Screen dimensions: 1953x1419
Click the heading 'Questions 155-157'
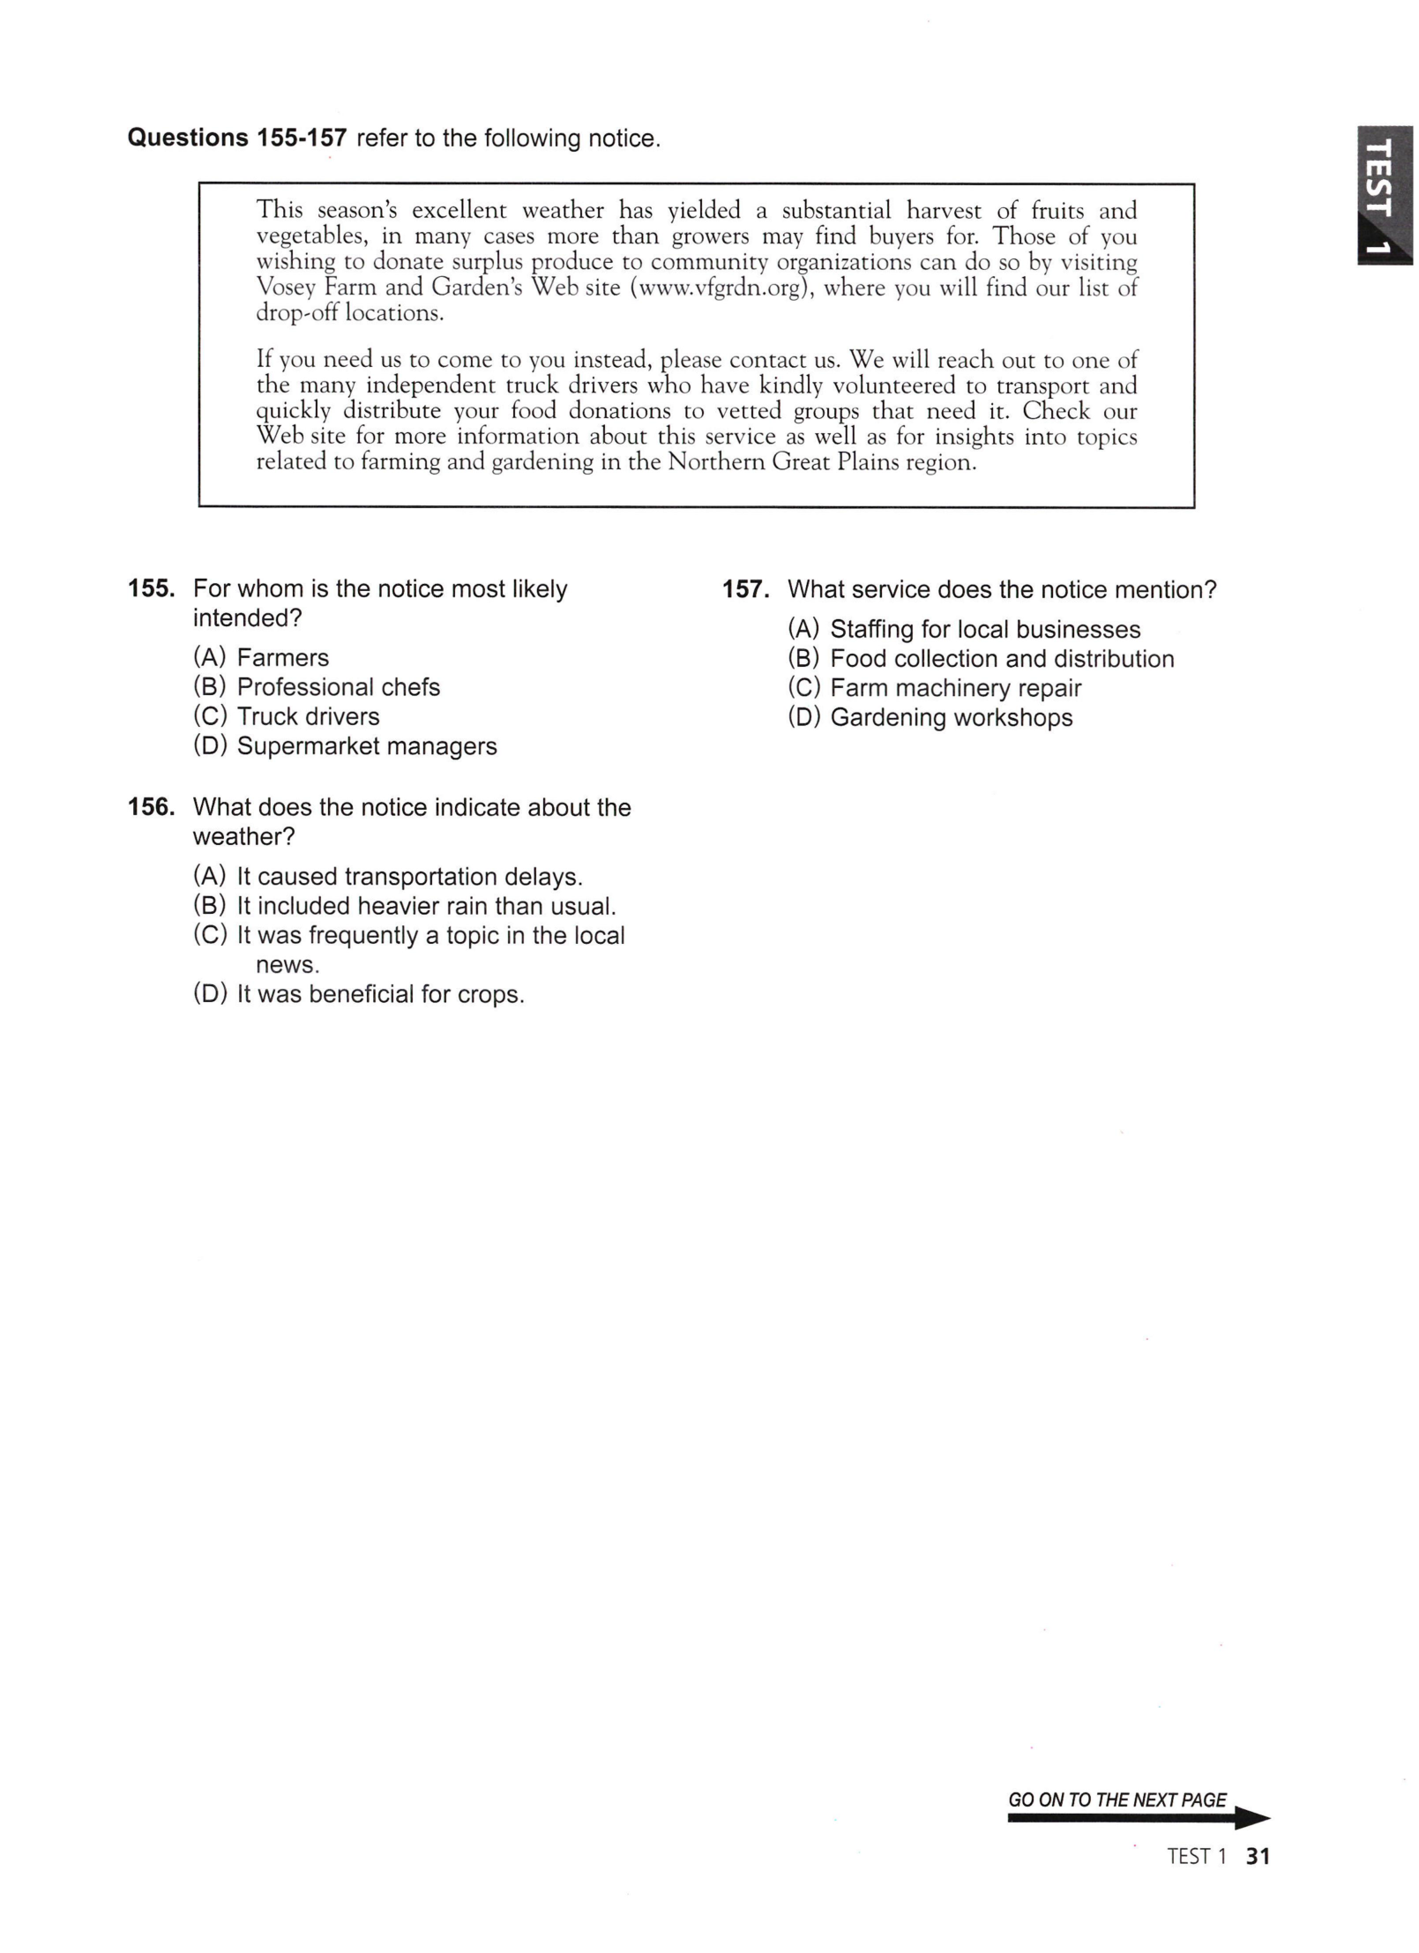[237, 138]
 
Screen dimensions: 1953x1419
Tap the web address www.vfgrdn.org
[722, 288]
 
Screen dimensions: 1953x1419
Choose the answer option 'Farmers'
[282, 657]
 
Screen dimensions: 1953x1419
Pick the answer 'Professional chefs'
[338, 687]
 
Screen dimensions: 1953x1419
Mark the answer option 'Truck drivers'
[308, 716]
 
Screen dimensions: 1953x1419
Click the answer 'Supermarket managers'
[366, 746]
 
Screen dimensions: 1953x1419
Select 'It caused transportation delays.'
[409, 877]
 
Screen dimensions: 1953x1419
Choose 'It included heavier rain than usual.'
[426, 906]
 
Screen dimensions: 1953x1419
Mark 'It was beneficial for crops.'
[380, 994]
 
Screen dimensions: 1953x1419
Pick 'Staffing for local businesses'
[984, 630]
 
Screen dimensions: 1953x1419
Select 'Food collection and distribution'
[1002, 659]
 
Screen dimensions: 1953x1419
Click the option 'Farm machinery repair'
[955, 688]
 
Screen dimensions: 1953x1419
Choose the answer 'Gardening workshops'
[951, 718]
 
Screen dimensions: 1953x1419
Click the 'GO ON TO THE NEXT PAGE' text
[1117, 1800]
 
